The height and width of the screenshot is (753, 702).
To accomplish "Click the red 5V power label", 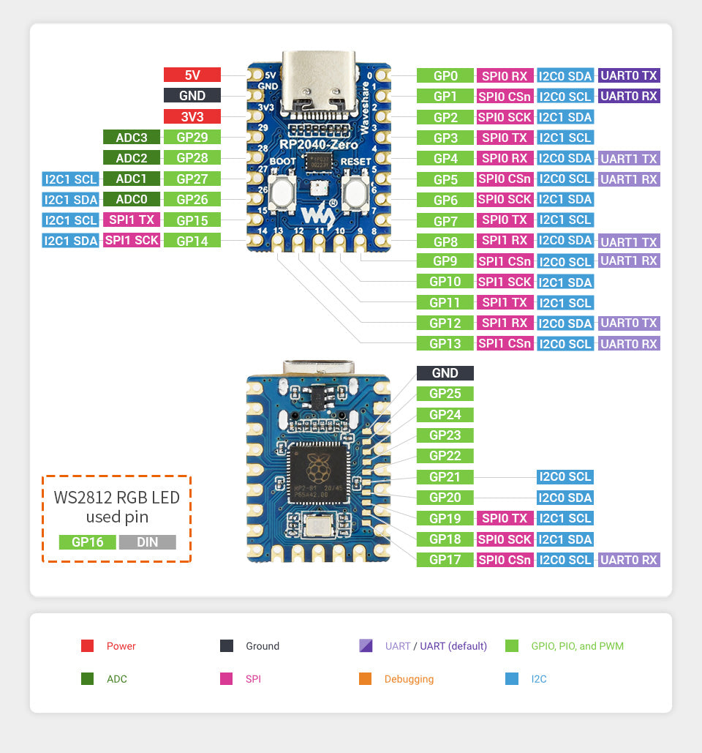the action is point(192,75).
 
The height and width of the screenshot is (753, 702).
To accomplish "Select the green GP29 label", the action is point(192,137).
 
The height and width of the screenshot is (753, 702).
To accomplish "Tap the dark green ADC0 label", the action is point(131,199).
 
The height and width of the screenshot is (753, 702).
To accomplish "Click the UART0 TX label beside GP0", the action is point(629,75).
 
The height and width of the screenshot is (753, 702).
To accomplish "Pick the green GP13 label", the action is point(445,343).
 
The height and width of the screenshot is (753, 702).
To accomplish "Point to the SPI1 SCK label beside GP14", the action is point(132,240).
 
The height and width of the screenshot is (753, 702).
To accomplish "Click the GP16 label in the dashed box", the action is point(87,542).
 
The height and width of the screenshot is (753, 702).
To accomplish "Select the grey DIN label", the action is point(147,542).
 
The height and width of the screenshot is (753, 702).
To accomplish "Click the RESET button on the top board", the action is point(354,194).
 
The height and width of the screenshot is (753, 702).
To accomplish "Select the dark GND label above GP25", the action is point(445,373).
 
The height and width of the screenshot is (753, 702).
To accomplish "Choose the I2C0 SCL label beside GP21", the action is point(565,477).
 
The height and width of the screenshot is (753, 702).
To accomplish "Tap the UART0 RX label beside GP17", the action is point(629,560).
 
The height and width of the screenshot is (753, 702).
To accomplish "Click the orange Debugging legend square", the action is point(366,679).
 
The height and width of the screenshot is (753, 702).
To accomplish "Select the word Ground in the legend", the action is point(263,646).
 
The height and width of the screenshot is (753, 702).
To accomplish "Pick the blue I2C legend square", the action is point(512,679).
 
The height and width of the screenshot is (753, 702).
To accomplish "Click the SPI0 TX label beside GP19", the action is point(505,518).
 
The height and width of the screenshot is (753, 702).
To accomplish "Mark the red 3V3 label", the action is point(192,116).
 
